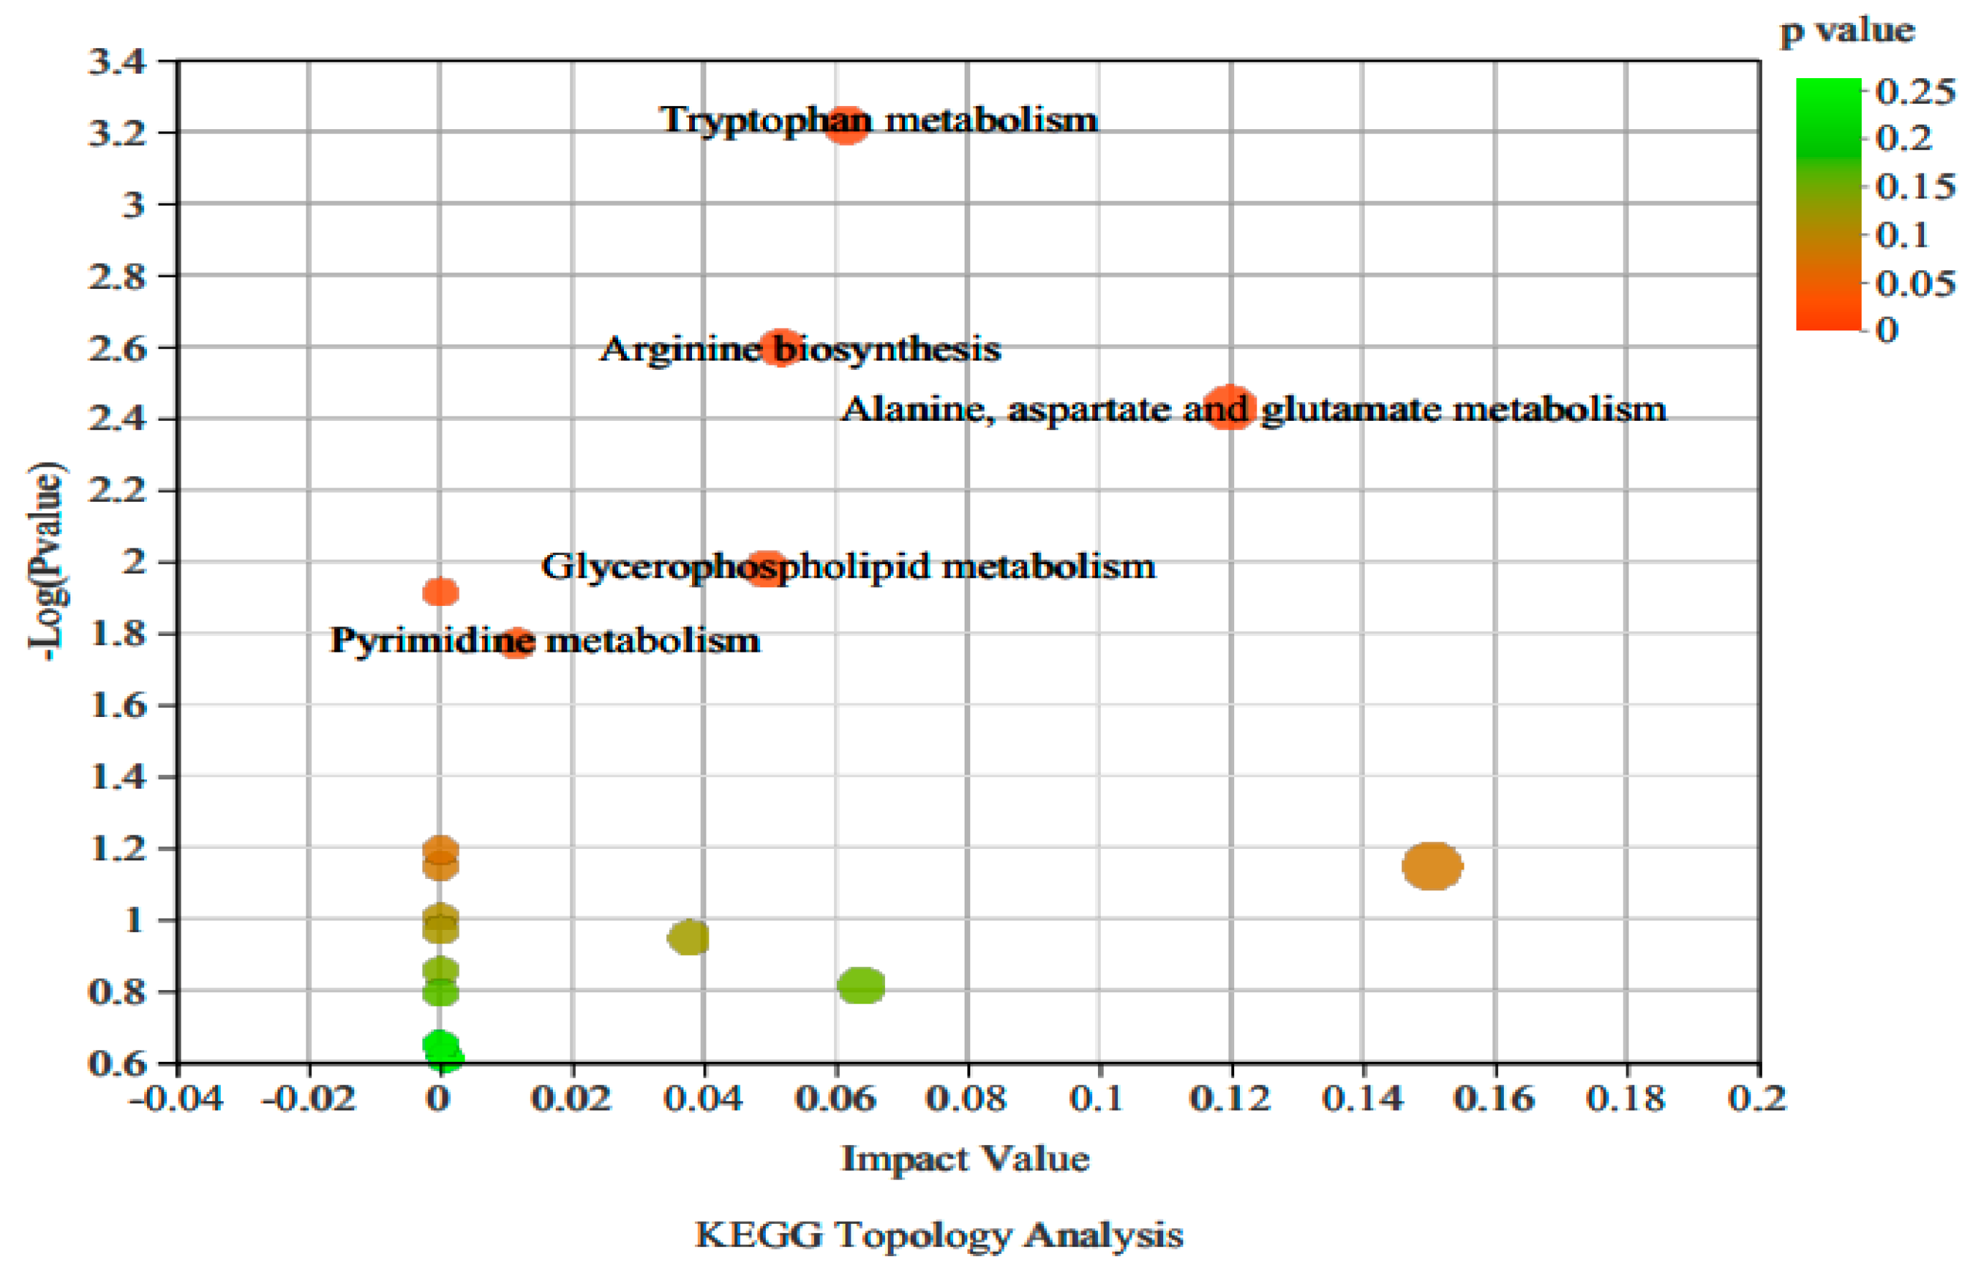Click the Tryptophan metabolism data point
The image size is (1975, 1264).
846,125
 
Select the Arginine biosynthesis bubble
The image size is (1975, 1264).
781,348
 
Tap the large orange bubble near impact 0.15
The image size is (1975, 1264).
1432,866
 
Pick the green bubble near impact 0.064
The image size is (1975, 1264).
861,985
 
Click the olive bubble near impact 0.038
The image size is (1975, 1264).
688,936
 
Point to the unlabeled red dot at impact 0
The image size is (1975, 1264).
441,591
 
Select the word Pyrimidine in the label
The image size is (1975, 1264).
432,641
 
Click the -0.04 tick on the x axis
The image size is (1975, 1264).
176,1098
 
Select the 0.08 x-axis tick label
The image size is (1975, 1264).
967,1098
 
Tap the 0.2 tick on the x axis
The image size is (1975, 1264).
1758,1098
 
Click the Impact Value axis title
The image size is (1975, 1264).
965,1159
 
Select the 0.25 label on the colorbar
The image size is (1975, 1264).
1915,91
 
